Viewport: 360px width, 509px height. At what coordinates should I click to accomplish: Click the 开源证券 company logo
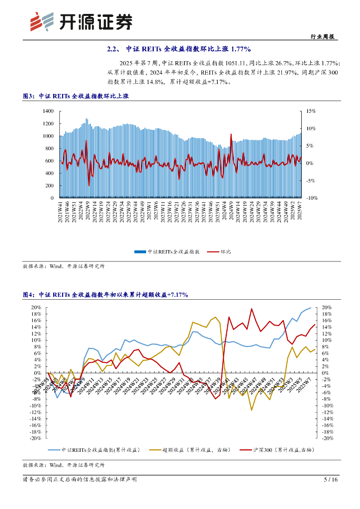point(82,21)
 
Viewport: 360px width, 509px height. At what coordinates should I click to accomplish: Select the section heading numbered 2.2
point(179,49)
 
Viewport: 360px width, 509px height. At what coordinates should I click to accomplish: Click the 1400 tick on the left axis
point(48,111)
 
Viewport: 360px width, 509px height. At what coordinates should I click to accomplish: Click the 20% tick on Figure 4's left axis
point(36,307)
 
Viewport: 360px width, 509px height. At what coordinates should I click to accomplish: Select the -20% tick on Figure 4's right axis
point(327,438)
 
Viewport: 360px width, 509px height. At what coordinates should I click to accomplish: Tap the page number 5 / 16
point(331,480)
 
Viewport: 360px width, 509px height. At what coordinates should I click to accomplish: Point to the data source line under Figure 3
point(64,266)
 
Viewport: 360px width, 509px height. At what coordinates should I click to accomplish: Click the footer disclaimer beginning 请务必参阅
point(80,480)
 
